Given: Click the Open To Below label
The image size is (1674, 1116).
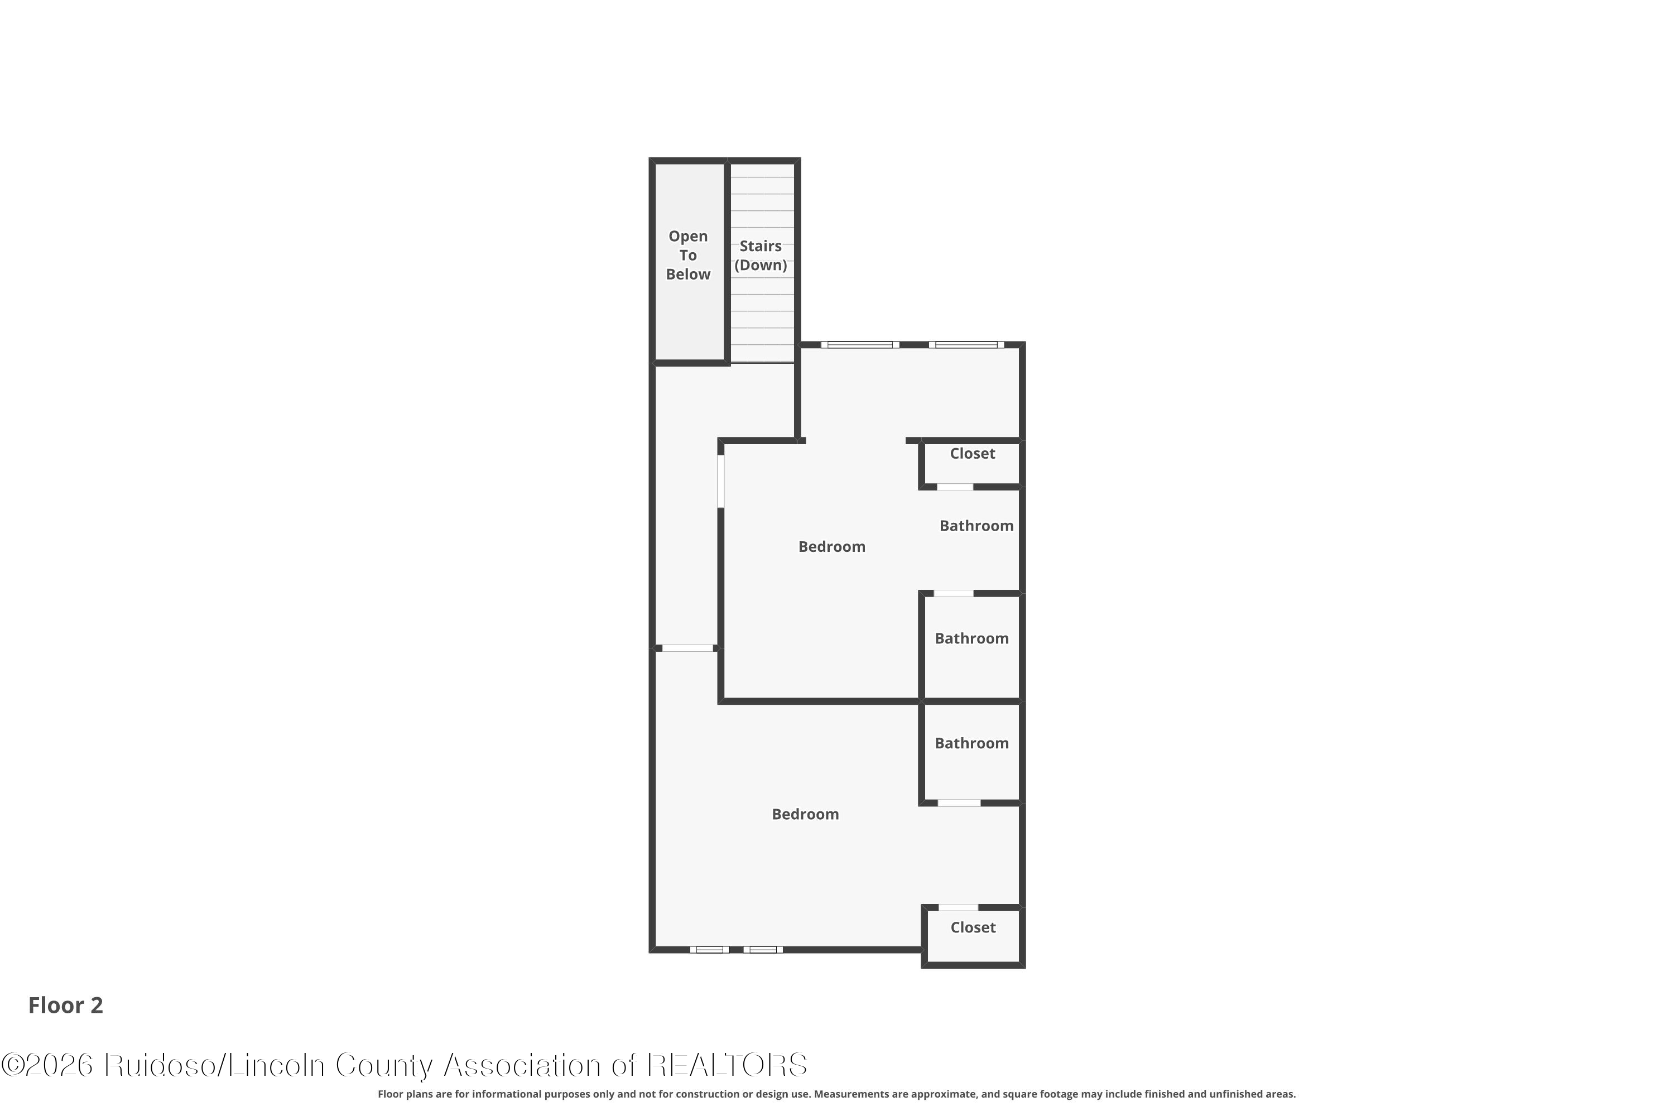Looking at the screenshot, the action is coord(687,255).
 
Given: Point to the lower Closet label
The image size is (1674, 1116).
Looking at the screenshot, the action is coord(973,927).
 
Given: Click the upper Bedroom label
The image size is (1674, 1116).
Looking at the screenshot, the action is coord(831,547).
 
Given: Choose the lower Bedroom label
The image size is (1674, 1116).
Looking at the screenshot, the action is coord(805,814).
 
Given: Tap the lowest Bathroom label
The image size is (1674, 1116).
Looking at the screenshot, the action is coord(971,743).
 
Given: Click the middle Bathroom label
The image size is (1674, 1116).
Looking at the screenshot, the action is coord(971,638).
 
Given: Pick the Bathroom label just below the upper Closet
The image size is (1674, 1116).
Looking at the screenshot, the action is coord(977,526).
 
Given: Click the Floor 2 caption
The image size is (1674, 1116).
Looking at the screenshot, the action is coord(65,1005).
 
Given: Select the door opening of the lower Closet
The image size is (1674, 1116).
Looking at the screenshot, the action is coord(958,907).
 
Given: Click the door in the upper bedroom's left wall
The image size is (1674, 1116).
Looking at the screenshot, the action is coord(721,481).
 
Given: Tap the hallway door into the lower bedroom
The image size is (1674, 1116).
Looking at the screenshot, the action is coord(687,648).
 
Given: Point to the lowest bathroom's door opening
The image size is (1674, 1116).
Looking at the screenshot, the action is coord(959,803).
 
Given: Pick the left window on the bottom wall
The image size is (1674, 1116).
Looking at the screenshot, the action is coord(710,950).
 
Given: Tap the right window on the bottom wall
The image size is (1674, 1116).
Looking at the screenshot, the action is coord(763,950).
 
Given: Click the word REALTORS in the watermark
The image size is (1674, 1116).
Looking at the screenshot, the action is coord(728,1065).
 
